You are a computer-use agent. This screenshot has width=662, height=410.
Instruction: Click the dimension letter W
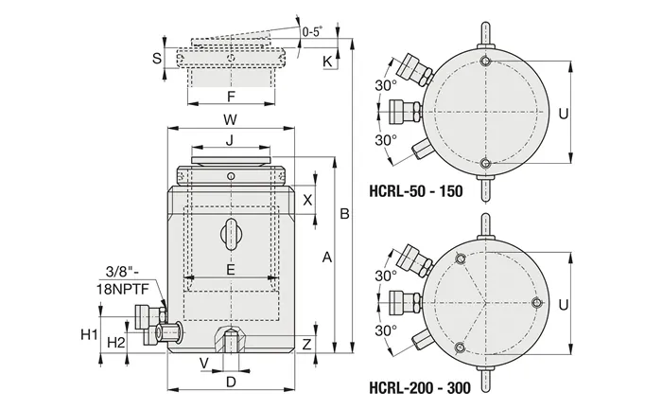230,119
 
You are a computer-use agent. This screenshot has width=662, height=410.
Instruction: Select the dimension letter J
229,140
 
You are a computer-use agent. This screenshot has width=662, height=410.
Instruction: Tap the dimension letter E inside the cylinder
231,269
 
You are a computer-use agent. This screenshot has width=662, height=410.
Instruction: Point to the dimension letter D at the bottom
231,383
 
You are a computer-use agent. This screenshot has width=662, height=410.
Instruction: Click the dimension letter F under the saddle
231,97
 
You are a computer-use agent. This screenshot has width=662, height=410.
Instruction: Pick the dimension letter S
157,58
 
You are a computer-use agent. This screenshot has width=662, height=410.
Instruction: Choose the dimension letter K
327,62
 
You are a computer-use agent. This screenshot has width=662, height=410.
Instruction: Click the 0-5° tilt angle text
312,31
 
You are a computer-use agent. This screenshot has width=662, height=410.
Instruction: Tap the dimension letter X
307,200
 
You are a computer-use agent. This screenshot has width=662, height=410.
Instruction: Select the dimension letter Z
307,344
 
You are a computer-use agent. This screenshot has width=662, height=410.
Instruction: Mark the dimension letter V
204,363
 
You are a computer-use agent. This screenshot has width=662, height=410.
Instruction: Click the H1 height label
89,335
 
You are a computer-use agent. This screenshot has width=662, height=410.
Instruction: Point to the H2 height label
116,343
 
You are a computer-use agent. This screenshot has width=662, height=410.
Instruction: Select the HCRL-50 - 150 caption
416,191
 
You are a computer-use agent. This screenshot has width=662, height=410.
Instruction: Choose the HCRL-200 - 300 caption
420,387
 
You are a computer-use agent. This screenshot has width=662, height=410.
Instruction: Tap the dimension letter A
327,257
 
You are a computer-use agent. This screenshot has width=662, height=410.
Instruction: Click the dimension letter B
344,214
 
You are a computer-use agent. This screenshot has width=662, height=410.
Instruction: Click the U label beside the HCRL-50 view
564,114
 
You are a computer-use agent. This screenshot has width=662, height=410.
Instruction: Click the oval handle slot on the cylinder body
232,233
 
